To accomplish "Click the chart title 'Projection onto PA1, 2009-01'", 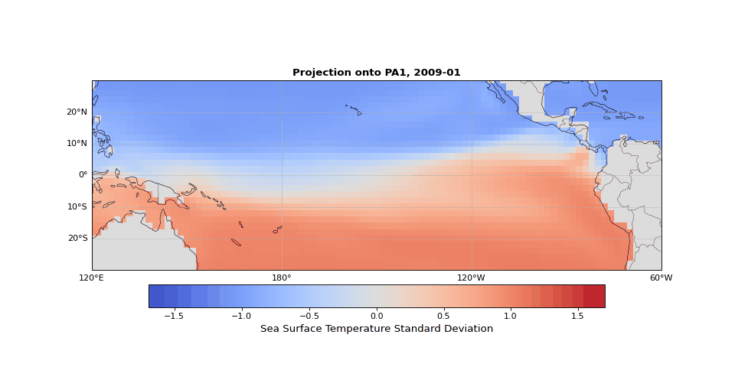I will point(377,73).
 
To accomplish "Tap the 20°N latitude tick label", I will point(77,112).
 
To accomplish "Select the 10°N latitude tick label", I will point(77,143).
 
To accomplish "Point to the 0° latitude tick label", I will point(83,174).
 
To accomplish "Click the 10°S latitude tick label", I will point(77,206).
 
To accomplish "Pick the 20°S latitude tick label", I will point(77,238).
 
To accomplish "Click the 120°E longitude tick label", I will point(92,278).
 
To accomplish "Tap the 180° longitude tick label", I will point(282,278).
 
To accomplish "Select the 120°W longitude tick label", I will point(472,278).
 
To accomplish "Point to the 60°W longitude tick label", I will point(661,278).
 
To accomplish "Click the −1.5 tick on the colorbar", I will point(175,316).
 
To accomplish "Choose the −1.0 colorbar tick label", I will point(242,316).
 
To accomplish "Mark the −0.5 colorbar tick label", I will point(309,316).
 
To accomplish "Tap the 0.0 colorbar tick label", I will point(377,316).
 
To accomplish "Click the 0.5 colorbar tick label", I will point(443,316).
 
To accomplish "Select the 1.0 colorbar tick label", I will point(510,316).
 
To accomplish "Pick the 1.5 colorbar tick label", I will point(577,316).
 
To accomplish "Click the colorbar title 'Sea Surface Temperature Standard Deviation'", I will point(377,329).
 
